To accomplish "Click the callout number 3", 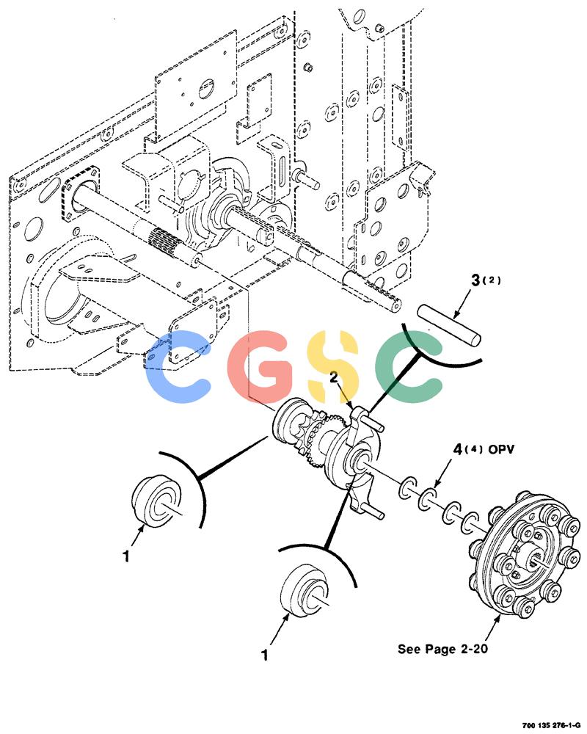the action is (x=476, y=280).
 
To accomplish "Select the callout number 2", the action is (x=334, y=377).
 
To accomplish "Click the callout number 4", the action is (x=458, y=449).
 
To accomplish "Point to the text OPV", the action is (x=501, y=449).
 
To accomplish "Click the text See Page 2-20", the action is (x=442, y=649).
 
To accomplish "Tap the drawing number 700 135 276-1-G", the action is (x=551, y=725).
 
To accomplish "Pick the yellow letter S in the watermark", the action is (x=333, y=366).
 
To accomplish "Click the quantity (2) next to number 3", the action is (x=492, y=280).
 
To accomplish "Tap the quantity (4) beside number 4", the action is (x=474, y=450).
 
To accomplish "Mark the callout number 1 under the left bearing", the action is (x=125, y=556).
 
